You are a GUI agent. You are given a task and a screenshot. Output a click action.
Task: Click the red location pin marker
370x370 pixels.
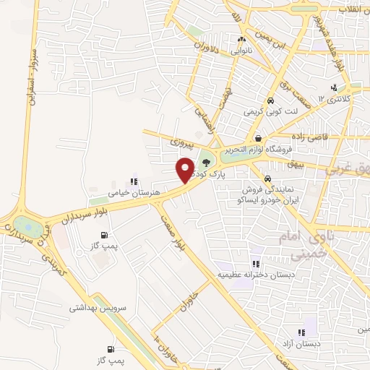[x=185, y=169]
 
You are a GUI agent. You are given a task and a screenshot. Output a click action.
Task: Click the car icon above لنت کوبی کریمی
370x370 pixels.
[x=270, y=101]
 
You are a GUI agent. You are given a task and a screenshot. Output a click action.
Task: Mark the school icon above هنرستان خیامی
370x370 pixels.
[x=133, y=182]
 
